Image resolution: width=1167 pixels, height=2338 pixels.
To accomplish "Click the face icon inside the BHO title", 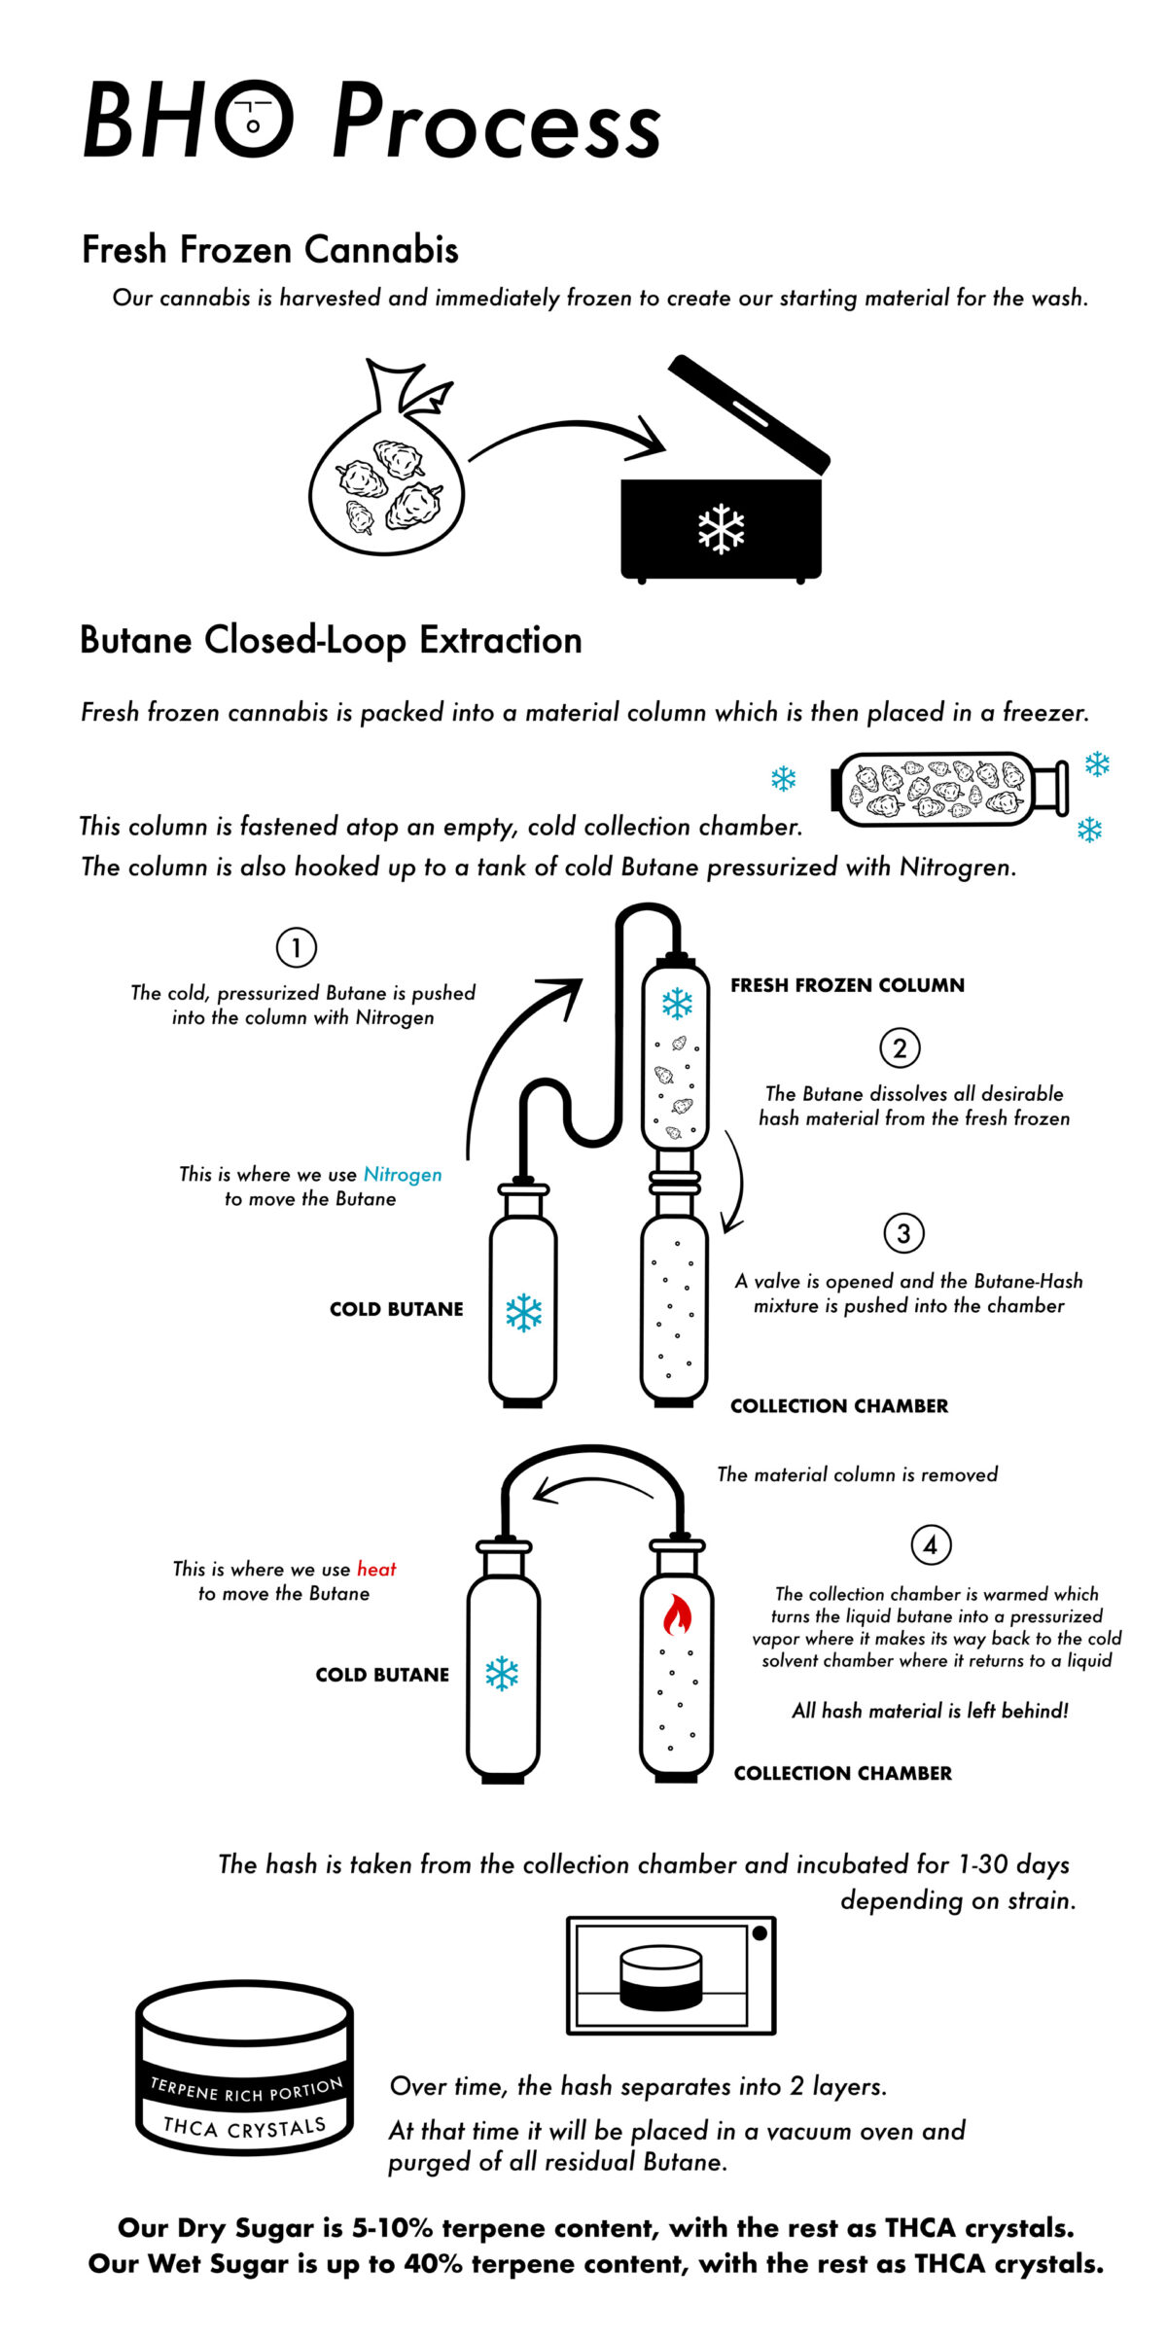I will (x=252, y=119).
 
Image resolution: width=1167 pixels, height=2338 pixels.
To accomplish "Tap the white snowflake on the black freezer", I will (x=721, y=528).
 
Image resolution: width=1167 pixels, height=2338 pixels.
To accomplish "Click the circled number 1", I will (x=297, y=947).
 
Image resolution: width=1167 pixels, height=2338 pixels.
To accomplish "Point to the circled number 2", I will (x=900, y=1048).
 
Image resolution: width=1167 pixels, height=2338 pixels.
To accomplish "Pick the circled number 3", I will (x=903, y=1233).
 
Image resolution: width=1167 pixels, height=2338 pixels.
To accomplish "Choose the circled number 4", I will (x=931, y=1544).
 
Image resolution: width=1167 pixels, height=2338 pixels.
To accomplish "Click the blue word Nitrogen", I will (x=403, y=1175).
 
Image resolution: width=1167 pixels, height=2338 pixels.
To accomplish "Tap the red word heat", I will (x=376, y=1569).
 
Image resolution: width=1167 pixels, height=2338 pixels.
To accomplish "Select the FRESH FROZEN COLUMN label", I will (x=847, y=985).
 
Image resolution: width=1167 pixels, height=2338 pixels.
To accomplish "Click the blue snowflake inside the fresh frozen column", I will (x=677, y=1004).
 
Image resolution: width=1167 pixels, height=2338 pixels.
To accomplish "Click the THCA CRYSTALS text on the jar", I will (x=244, y=2127).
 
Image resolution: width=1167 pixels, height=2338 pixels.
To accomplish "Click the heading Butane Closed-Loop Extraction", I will (x=331, y=641).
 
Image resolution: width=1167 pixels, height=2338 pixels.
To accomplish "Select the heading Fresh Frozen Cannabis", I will (x=270, y=250).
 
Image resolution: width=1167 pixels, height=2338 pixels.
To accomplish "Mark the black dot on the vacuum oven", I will (x=760, y=1933).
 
